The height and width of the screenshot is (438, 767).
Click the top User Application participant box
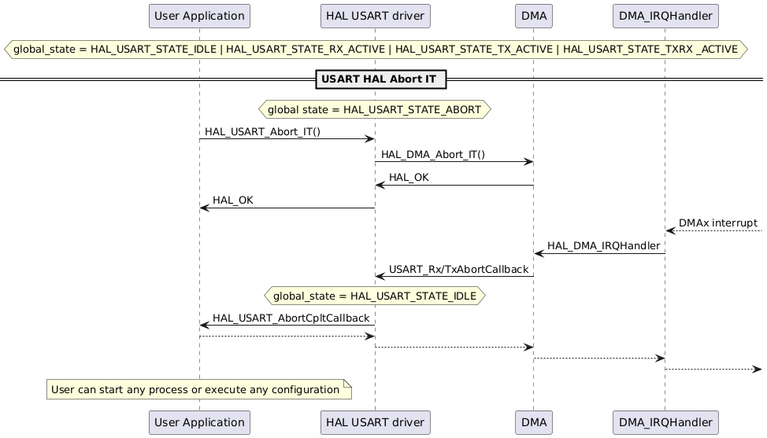(199, 16)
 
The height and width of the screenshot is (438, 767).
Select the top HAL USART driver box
(375, 16)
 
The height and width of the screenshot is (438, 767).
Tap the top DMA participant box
(533, 16)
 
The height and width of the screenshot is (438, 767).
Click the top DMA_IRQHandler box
(665, 16)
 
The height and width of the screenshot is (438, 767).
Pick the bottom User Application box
(199, 421)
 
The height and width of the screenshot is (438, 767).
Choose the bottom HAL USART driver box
(375, 421)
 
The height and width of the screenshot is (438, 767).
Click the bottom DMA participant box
(533, 421)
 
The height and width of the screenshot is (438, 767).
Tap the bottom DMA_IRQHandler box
(665, 421)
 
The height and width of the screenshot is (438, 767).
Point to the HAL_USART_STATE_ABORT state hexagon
(375, 109)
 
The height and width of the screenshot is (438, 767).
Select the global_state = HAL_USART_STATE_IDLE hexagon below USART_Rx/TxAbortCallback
(375, 296)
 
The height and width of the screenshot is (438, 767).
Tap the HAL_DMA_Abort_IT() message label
(433, 155)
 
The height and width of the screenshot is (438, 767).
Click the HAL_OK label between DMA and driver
(409, 178)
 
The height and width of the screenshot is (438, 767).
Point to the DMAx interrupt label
(717, 223)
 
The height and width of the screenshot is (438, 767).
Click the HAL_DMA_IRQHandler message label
(603, 246)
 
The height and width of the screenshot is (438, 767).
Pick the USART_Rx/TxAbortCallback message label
(458, 269)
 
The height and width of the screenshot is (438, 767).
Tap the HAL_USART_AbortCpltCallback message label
(291, 318)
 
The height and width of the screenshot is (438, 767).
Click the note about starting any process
(195, 389)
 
